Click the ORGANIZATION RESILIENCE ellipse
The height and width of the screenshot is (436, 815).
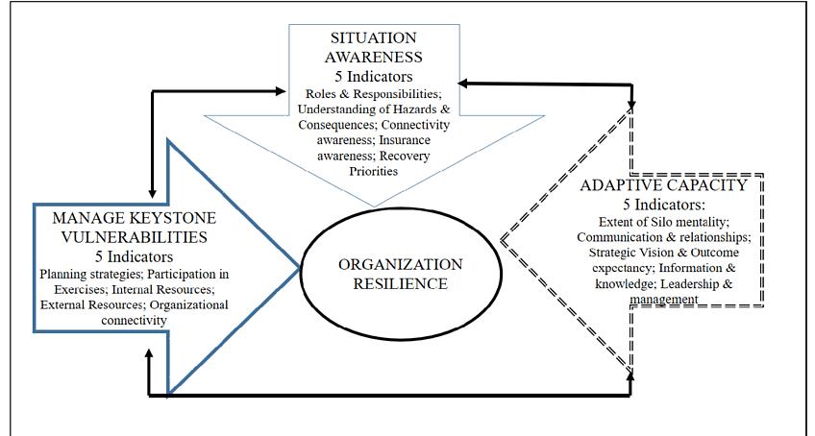coord(400,274)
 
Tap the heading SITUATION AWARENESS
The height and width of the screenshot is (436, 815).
coord(374,48)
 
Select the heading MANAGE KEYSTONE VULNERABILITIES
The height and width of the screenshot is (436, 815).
coord(134,228)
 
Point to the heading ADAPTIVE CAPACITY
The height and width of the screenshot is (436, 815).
coord(663,185)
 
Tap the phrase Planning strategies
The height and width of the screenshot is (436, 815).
coord(82,274)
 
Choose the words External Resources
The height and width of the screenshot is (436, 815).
coord(84,304)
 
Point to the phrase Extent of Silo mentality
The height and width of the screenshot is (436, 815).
coord(663,222)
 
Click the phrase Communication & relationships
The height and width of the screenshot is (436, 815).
coord(663,237)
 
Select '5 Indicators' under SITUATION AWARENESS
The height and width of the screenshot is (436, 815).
coord(374,77)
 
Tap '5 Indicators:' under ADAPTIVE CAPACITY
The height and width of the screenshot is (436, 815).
coord(663,205)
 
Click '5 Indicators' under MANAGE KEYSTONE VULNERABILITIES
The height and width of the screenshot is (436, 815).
coord(134,256)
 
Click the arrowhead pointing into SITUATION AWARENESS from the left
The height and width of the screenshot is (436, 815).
coord(282,91)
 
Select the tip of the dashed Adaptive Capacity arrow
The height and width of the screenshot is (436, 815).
coord(502,240)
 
